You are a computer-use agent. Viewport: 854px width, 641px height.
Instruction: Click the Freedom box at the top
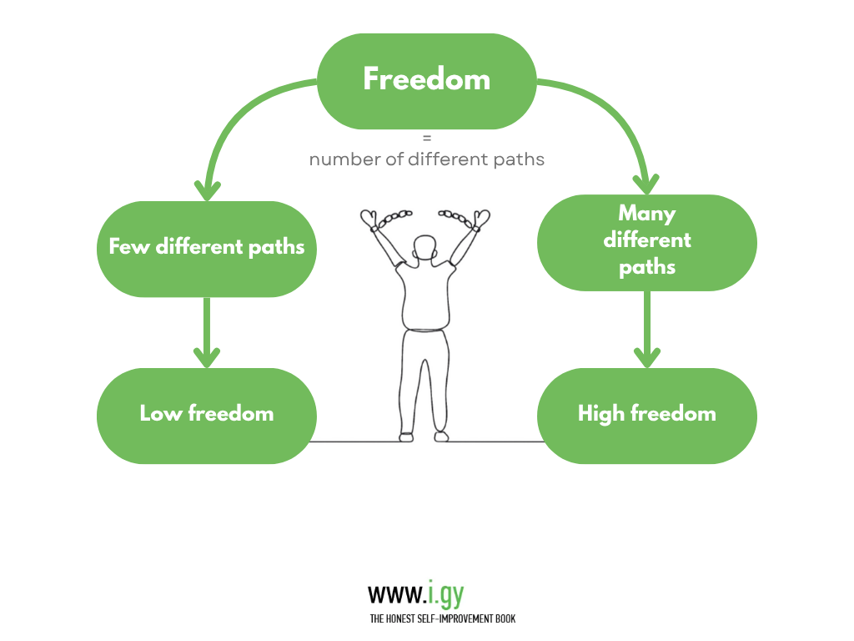point(426,81)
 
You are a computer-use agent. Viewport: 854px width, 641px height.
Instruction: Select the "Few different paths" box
point(207,248)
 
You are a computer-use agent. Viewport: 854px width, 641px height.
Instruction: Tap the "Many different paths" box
point(646,241)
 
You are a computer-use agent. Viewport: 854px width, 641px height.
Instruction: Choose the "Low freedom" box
point(207,415)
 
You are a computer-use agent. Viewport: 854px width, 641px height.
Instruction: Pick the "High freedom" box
point(646,415)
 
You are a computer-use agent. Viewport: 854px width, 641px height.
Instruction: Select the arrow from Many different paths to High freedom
point(646,329)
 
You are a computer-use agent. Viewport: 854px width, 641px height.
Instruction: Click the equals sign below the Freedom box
point(427,139)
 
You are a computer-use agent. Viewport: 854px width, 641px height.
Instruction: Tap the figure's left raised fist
point(368,220)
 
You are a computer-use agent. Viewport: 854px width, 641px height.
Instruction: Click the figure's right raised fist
point(482,220)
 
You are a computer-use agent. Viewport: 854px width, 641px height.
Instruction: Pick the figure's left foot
point(406,437)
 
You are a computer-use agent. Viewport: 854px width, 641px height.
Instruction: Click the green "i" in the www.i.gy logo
point(431,593)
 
